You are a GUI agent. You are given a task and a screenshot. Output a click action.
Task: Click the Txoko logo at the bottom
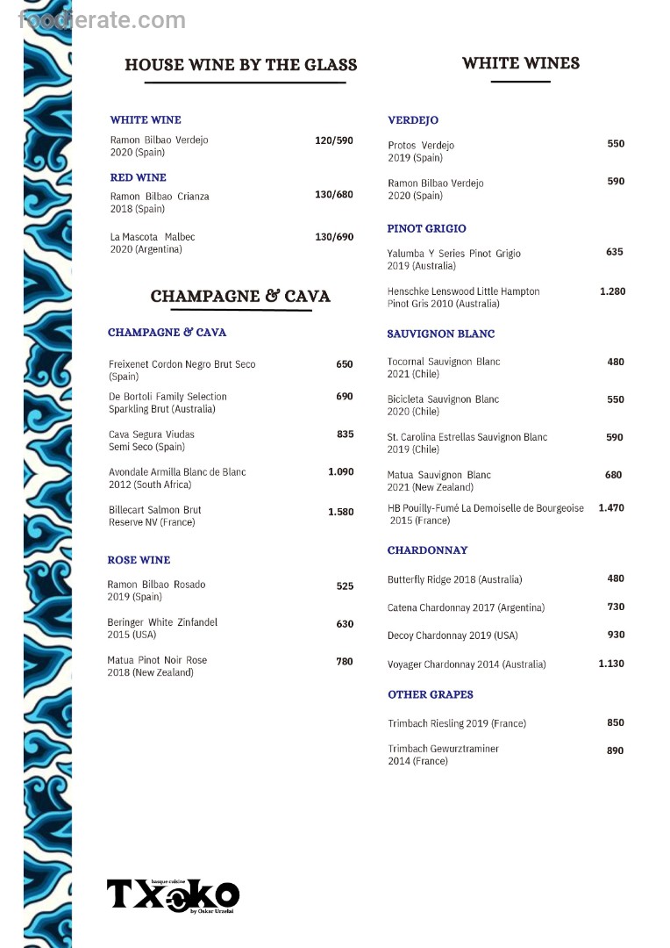tap(173, 895)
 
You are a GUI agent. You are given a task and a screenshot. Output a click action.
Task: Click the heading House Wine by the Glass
tap(241, 65)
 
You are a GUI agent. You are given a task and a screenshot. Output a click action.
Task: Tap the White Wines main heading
tap(521, 63)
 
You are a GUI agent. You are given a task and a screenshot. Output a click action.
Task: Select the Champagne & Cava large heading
tap(240, 297)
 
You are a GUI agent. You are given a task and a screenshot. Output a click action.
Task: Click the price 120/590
tap(334, 140)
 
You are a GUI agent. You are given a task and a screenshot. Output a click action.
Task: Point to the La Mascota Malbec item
tap(153, 243)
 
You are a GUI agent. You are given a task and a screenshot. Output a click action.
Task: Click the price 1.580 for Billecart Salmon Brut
tap(341, 512)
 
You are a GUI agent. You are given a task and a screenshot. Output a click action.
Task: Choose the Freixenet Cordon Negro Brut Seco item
tap(182, 370)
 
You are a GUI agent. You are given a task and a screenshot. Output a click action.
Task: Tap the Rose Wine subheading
tap(139, 560)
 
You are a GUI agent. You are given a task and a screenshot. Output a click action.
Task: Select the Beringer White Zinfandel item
tap(161, 628)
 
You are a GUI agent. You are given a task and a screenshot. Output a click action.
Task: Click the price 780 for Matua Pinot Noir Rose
tap(345, 661)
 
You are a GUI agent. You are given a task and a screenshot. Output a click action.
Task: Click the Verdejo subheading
tap(413, 120)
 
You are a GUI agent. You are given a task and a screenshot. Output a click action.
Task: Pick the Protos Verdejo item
tap(421, 151)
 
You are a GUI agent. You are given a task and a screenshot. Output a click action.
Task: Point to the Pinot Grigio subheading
tap(427, 229)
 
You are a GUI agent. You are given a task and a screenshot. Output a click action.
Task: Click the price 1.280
tap(612, 291)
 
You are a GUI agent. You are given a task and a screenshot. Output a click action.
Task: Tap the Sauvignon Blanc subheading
tap(441, 334)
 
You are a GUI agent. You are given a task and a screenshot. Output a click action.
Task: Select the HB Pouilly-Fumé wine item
tap(485, 514)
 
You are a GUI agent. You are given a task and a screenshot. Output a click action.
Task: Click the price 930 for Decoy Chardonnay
tap(616, 635)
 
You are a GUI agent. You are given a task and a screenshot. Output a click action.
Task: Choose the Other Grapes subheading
tap(431, 694)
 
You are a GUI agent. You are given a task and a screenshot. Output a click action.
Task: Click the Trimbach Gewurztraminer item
tap(443, 755)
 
